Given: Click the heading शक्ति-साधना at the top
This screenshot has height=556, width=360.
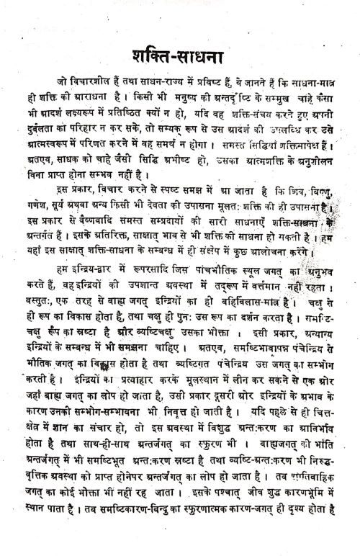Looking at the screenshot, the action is [181, 55].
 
